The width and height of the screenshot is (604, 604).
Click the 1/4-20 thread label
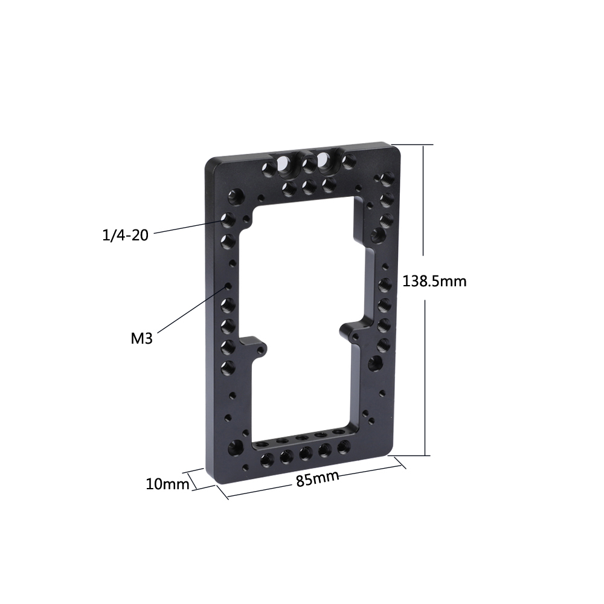pyautogui.click(x=126, y=234)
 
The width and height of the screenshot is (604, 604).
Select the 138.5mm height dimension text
pyautogui.click(x=434, y=281)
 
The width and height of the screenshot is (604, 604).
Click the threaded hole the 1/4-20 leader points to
pyautogui.click(x=228, y=218)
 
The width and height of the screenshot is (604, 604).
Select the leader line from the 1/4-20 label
pyautogui.click(x=187, y=226)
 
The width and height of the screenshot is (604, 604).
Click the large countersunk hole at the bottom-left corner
pyautogui.click(x=235, y=446)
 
